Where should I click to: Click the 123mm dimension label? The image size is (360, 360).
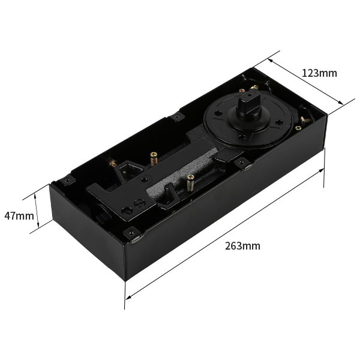[319, 73]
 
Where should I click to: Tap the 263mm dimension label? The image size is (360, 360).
[242, 246]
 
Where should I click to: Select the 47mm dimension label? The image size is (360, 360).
[19, 216]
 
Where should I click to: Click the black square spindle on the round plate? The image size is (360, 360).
[250, 103]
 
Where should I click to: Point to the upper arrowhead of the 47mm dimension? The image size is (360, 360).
[35, 196]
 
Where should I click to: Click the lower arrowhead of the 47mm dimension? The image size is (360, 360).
[38, 225]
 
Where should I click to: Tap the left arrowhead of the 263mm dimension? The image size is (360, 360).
[128, 298]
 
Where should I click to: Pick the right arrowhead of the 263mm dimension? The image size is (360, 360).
[321, 170]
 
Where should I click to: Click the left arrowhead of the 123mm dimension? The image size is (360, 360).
[271, 61]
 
